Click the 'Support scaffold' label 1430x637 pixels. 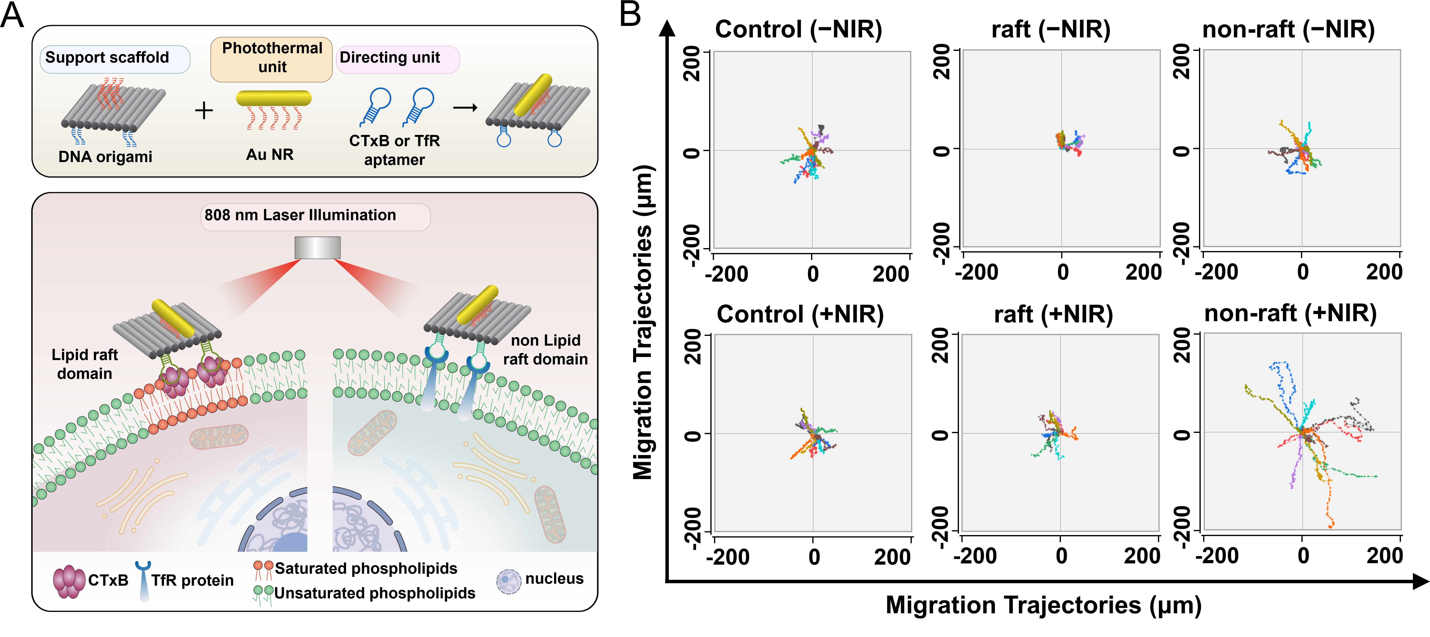coord(107,58)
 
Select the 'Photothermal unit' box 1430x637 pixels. coord(272,58)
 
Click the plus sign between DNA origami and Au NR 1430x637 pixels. coord(204,110)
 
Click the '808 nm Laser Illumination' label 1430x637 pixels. coord(300,215)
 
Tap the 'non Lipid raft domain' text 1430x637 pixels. coord(545,350)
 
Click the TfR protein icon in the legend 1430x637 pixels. coord(144,580)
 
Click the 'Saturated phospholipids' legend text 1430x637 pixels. coord(366,569)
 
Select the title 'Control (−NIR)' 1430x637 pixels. coord(798,29)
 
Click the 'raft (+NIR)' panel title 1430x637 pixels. coord(1053,315)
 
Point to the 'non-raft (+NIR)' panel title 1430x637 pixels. coord(1290,314)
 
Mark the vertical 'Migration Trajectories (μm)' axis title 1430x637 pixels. coord(643,322)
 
